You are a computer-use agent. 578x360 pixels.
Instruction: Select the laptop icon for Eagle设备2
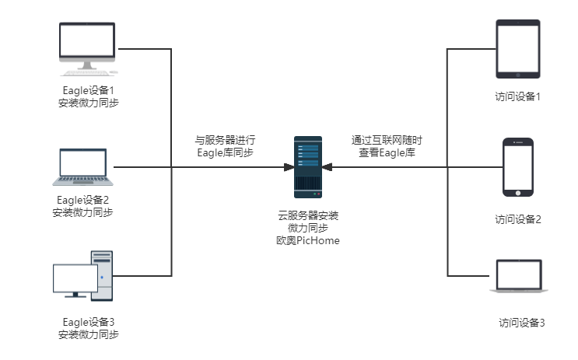pyautogui.click(x=83, y=167)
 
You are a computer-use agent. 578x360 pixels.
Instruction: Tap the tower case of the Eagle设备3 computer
pyautogui.click(x=101, y=276)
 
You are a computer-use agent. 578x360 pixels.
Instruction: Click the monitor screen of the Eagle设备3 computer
pyautogui.click(x=74, y=278)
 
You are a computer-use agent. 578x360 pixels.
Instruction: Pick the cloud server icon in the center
pyautogui.click(x=308, y=166)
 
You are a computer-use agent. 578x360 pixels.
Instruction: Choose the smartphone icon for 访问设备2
pyautogui.click(x=518, y=168)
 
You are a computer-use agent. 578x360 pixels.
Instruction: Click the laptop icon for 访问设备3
pyautogui.click(x=519, y=277)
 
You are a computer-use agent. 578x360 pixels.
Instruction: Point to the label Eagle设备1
pyautogui.click(x=89, y=90)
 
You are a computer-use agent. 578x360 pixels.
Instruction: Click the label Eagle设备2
pyautogui.click(x=83, y=200)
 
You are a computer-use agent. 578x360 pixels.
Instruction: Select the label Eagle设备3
pyautogui.click(x=89, y=321)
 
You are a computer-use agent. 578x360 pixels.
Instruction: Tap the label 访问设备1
pyautogui.click(x=518, y=97)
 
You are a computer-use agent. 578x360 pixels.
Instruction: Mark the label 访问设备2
pyautogui.click(x=518, y=219)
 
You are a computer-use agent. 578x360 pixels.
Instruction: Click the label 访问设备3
pyautogui.click(x=522, y=322)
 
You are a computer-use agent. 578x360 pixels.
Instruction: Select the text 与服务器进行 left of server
pyautogui.click(x=225, y=141)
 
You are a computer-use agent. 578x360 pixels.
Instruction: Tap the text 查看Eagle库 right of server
pyautogui.click(x=387, y=152)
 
